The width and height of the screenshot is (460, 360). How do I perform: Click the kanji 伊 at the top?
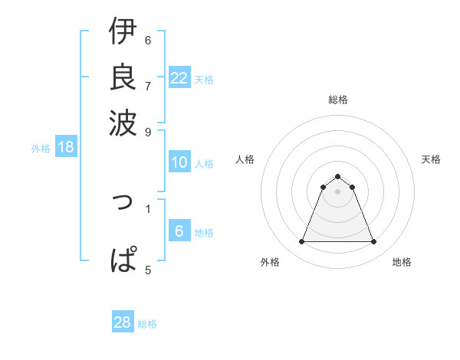(x=123, y=32)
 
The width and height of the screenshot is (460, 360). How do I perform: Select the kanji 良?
(x=123, y=77)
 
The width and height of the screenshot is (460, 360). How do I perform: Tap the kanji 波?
(x=123, y=121)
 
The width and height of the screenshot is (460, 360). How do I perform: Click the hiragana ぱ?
(x=123, y=259)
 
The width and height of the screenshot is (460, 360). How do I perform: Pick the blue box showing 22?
(x=179, y=78)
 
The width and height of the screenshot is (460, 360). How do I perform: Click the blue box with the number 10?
(x=179, y=162)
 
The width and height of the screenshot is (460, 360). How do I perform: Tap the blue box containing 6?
(x=179, y=231)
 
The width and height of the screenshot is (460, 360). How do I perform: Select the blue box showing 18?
(x=66, y=148)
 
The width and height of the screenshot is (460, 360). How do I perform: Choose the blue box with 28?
(x=123, y=322)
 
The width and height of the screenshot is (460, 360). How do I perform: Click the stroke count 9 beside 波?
(x=148, y=131)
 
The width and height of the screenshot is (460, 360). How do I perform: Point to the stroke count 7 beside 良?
(x=148, y=85)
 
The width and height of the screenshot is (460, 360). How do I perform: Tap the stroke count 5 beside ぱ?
(x=148, y=269)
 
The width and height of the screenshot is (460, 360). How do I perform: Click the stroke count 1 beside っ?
(x=148, y=207)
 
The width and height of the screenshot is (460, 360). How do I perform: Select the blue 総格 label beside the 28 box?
(x=147, y=324)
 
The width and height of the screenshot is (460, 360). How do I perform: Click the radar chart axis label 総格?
(x=338, y=100)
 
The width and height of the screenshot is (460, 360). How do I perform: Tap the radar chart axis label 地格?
(x=402, y=263)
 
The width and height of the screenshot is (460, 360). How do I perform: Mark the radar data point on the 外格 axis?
(x=301, y=242)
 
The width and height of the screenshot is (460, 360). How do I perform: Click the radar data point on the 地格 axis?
(x=374, y=242)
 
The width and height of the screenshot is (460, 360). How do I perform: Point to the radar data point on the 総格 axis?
(x=338, y=176)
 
